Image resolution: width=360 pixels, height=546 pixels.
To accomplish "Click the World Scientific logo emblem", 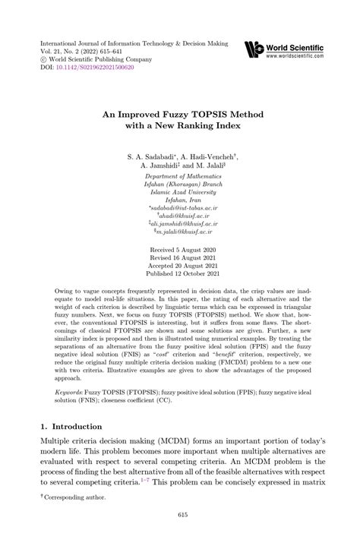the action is click(254, 51).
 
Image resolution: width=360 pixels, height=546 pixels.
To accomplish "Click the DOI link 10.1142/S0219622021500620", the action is click(94, 67).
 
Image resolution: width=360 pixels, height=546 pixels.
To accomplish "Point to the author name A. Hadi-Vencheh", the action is click(210, 155).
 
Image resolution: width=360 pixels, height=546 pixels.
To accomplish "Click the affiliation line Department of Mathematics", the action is click(180, 176).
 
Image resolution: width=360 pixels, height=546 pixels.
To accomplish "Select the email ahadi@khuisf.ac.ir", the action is click(182, 215).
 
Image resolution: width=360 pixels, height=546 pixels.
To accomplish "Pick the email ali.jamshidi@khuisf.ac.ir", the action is click(182, 224).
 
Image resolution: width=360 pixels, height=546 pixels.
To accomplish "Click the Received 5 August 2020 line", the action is click(180, 248).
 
